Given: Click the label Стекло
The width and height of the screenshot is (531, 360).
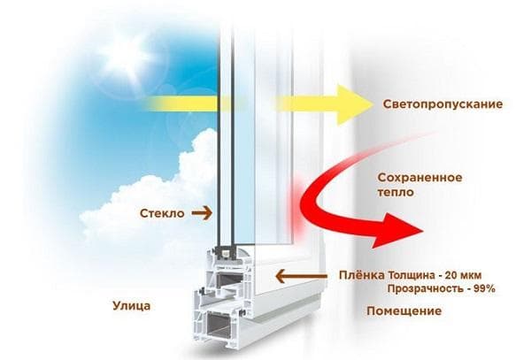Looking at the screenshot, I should [x=162, y=213].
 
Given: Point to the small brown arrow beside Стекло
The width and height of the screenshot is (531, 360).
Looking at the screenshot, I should [x=203, y=213].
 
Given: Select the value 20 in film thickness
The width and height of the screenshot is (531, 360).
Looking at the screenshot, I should [x=458, y=274].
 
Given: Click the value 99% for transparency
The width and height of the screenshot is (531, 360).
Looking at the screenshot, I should [x=483, y=289].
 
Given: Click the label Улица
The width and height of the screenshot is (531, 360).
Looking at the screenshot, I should [x=132, y=307].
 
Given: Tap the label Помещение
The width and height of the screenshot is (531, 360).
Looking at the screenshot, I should [x=404, y=312].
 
